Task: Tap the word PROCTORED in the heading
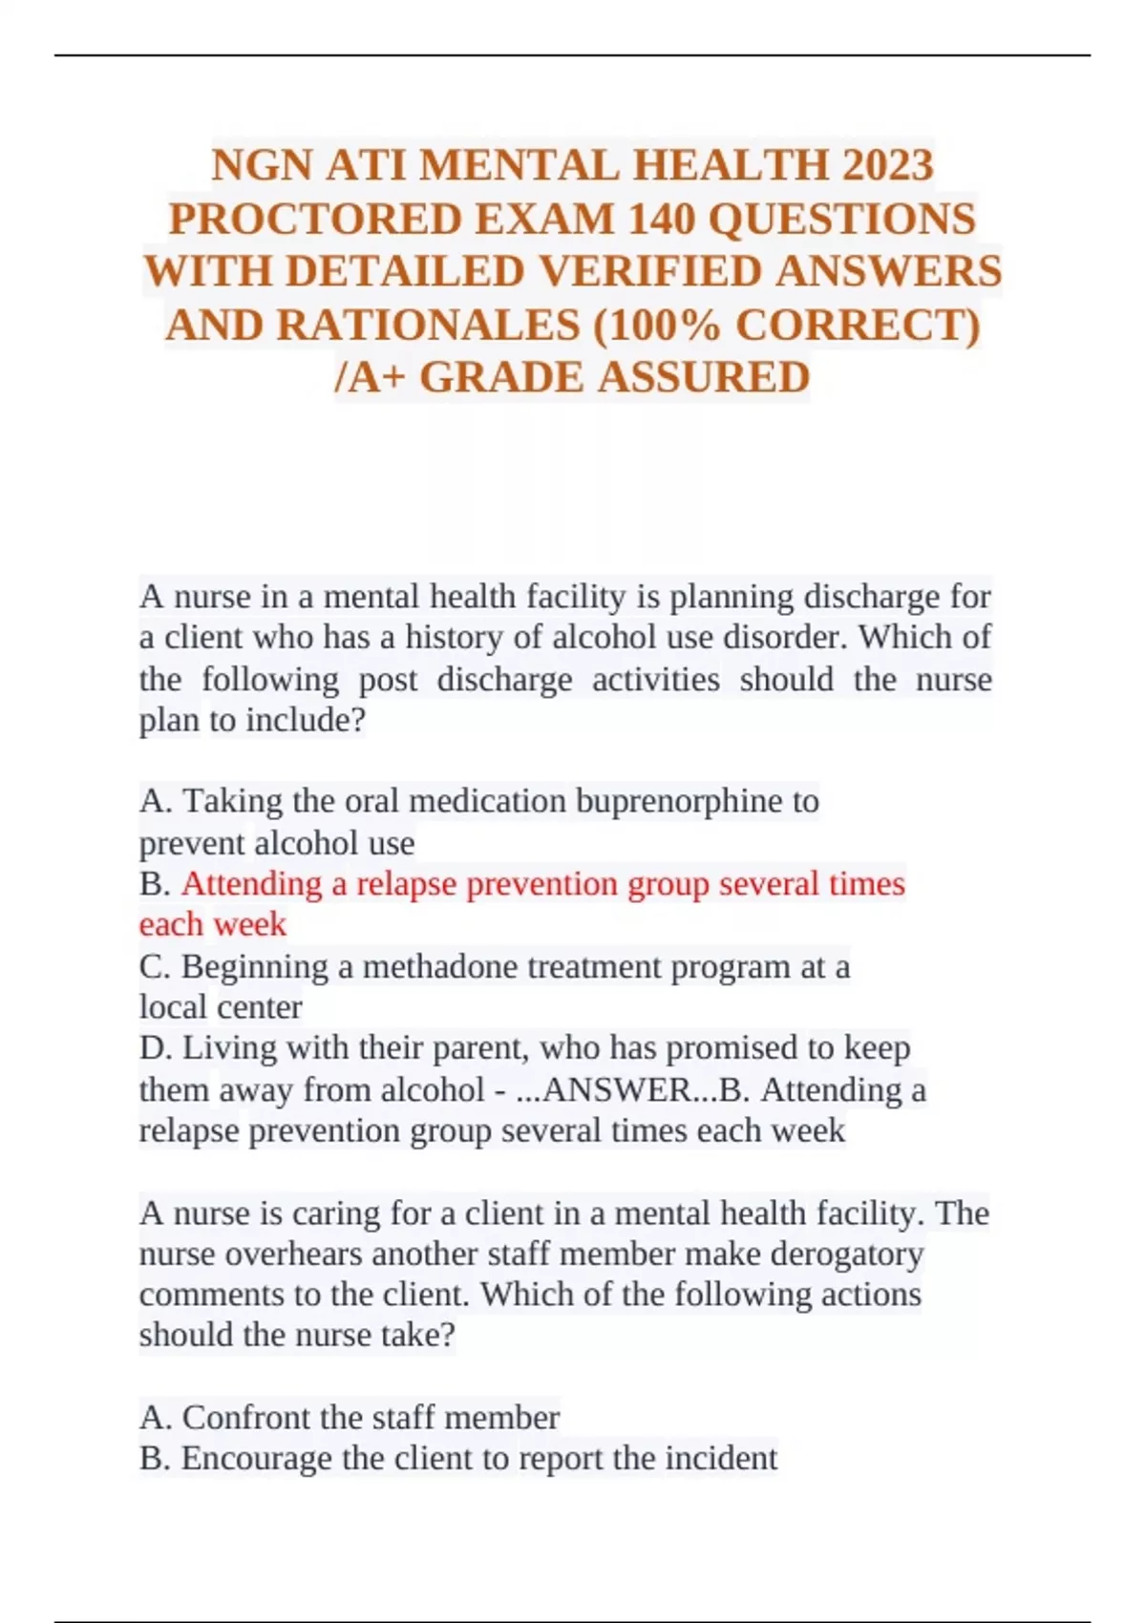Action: coord(315,219)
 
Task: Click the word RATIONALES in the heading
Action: coord(427,326)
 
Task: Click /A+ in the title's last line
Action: coord(368,378)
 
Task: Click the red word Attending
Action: coord(251,884)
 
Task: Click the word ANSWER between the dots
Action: coord(603,1090)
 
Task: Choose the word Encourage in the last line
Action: coord(256,1459)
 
